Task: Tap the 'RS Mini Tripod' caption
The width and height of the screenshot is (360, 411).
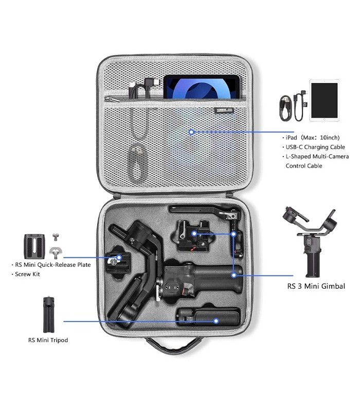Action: (x=48, y=340)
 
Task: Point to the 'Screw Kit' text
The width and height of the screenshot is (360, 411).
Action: (x=27, y=275)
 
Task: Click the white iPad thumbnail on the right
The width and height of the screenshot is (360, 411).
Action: (x=324, y=100)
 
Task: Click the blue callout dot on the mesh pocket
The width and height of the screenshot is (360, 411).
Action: (x=191, y=132)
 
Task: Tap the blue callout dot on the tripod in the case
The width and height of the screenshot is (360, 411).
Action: (x=217, y=321)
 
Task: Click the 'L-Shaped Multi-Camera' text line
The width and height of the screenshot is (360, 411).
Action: (x=316, y=156)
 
